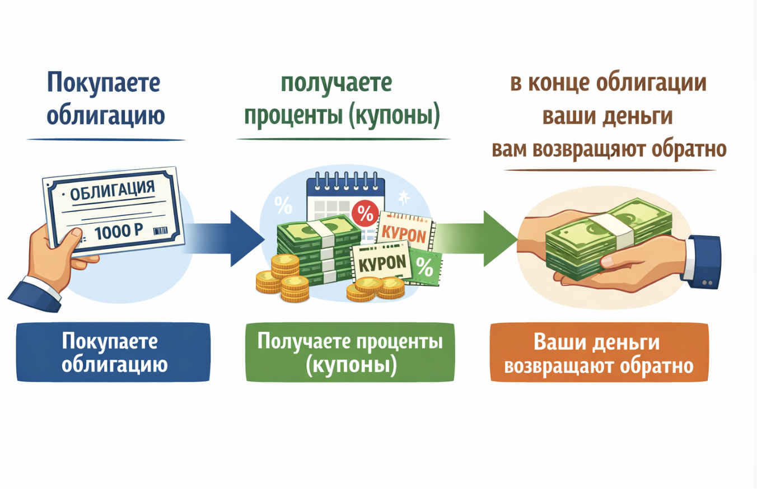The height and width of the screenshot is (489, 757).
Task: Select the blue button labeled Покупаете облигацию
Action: coord(114,352)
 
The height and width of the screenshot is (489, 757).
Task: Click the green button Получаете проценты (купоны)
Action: coord(350,352)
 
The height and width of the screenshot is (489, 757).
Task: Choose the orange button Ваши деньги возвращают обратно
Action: coord(599,352)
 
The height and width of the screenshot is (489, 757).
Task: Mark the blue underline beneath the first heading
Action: coord(106,139)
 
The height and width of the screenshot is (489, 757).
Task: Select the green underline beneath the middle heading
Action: coord(343,139)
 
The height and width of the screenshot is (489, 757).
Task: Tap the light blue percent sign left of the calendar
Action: coord(283,206)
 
